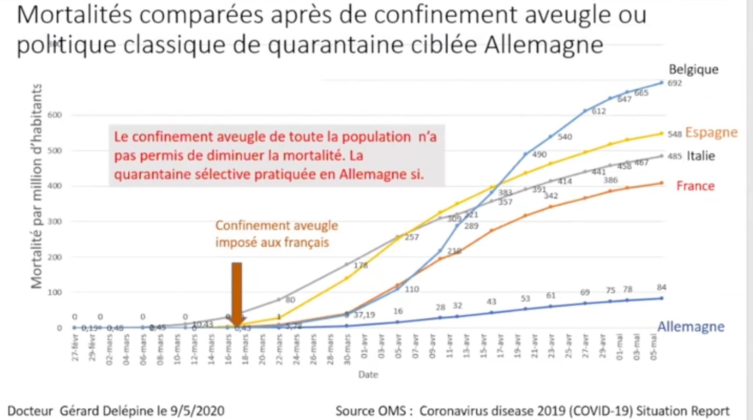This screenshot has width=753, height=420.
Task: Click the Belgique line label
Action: [693, 69]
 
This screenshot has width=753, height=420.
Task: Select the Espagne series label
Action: [711, 133]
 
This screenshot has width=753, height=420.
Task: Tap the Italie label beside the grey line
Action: [701, 156]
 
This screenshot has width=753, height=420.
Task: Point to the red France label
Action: [695, 186]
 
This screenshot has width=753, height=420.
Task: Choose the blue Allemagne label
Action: [691, 327]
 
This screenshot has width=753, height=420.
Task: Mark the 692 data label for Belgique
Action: [675, 83]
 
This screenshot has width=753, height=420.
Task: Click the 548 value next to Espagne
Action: [675, 134]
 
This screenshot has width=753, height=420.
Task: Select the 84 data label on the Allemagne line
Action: [661, 288]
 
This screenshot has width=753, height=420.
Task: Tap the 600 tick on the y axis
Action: [55, 115]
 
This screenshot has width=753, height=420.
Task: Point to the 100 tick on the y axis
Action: [55, 292]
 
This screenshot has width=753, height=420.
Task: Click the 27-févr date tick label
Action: [75, 347]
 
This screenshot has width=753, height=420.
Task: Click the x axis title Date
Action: [368, 375]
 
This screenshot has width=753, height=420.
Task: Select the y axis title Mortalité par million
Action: [36, 186]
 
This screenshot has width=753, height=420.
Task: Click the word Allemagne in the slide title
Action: [544, 45]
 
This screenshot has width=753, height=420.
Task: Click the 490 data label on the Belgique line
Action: [539, 155]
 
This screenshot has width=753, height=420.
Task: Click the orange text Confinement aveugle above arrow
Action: [277, 226]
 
